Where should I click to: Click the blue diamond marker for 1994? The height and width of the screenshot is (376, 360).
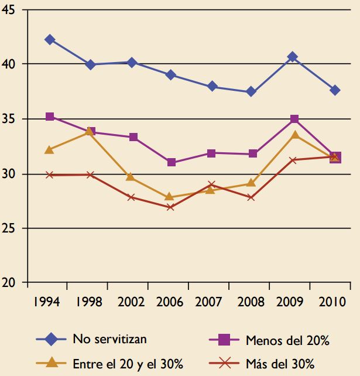pos(50,39)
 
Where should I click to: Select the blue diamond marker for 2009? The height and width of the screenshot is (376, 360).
pos(293,57)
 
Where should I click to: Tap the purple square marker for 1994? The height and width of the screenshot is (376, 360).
pos(50,117)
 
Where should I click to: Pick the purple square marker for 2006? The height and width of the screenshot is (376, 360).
pos(172,162)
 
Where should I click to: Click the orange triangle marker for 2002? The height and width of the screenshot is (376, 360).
pos(131,177)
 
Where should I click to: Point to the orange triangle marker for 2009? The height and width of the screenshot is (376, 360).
pos(293,135)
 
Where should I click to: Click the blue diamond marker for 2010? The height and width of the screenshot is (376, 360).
pos(335,90)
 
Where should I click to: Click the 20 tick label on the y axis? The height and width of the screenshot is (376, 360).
pos(10,283)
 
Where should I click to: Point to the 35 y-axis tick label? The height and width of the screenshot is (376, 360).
pos(10,119)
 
